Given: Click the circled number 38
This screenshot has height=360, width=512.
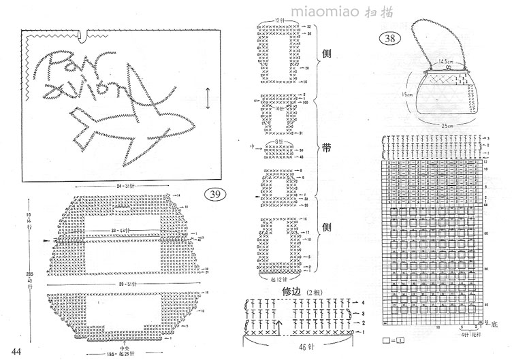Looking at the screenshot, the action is point(391,39).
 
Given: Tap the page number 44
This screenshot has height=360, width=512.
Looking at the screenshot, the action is point(17,351).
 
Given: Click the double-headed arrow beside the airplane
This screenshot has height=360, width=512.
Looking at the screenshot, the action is point(208,97).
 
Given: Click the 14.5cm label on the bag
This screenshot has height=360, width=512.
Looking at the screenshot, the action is point(446,62).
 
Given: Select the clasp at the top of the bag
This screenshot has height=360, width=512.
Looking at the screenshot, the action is point(447,68).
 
